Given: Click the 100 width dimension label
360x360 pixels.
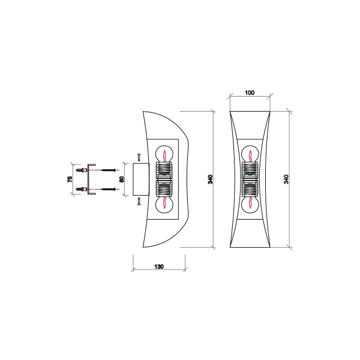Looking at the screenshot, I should tap(250, 93).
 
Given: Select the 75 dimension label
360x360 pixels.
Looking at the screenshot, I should tap(70, 179).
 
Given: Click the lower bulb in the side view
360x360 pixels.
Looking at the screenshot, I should tap(164, 204).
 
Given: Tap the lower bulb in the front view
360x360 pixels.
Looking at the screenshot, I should tap(250, 204).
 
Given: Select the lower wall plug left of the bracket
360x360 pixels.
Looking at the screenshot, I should tap(80, 190).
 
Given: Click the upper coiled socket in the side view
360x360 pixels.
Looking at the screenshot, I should tap(164, 170).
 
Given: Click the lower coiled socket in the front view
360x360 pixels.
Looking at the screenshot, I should tap(250, 189).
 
